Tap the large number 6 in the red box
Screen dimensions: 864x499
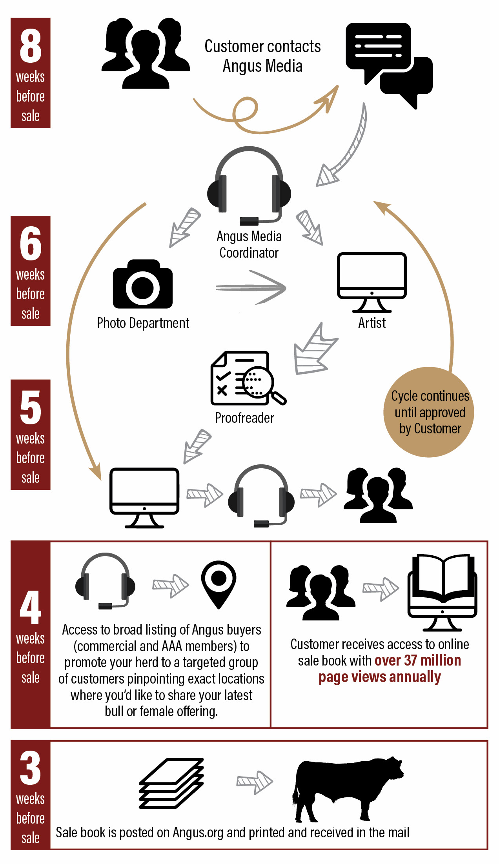[x=31, y=244]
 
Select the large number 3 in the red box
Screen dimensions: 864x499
[x=31, y=768]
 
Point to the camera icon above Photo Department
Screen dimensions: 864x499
[x=143, y=284]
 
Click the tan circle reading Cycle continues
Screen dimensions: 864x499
[x=429, y=412]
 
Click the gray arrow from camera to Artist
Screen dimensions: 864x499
[x=251, y=287]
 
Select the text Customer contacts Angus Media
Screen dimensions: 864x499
[x=262, y=56]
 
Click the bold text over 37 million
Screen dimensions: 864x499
[x=417, y=660]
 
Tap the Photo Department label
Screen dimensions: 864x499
[x=143, y=323]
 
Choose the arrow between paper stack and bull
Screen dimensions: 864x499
[x=254, y=782]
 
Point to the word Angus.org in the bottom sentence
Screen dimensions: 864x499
[x=198, y=832]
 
